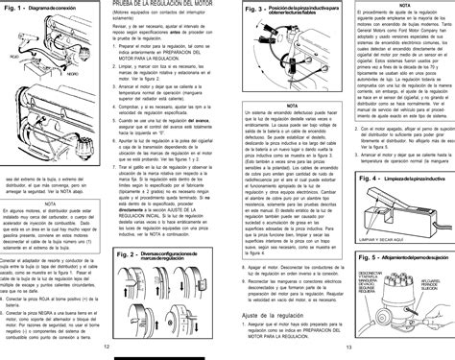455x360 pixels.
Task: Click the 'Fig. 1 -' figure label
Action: [16, 9]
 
